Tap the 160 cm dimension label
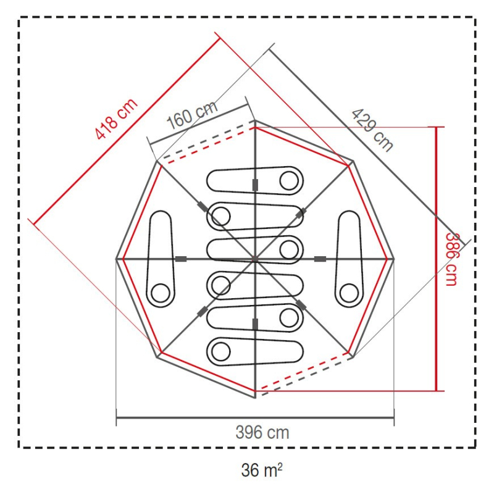pyautogui.click(x=192, y=115)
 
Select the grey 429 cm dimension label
pyautogui.click(x=372, y=130)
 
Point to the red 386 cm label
pyautogui.click(x=451, y=259)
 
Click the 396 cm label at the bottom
pyautogui.click(x=262, y=433)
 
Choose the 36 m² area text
pyautogui.click(x=261, y=470)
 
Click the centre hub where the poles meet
pyautogui.click(x=255, y=259)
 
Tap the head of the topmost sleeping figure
pyautogui.click(x=289, y=181)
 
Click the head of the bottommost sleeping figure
pyautogui.click(x=221, y=351)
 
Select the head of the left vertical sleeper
pyautogui.click(x=161, y=293)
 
